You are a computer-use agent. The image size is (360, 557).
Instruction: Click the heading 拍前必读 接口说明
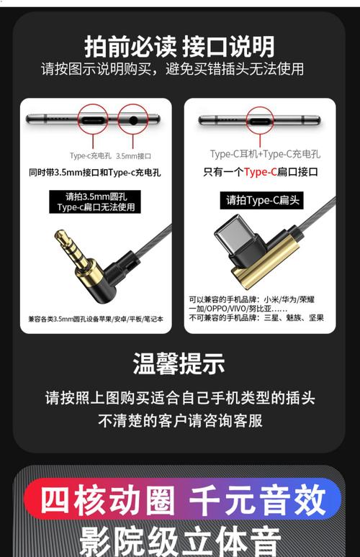(179, 47)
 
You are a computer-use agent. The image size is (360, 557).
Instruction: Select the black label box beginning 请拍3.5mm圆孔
(95, 201)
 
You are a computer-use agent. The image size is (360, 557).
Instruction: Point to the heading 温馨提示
(179, 363)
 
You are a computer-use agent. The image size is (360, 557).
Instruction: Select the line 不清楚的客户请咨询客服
(180, 420)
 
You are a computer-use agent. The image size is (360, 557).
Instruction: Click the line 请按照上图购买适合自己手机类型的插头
(180, 397)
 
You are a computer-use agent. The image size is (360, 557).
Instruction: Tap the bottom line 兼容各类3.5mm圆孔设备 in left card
(96, 320)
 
